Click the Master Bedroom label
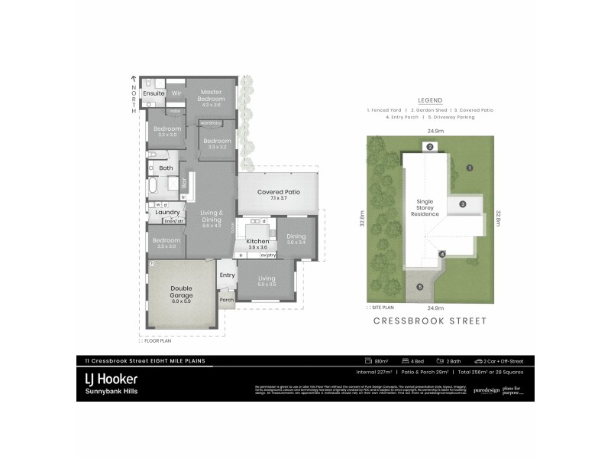pos(212,96)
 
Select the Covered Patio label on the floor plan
pos(278,193)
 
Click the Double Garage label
pos(181,291)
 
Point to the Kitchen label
pos(257,241)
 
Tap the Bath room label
pos(166,168)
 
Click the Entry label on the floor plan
pos(227,275)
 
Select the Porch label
pos(226,300)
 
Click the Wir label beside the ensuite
pos(176,93)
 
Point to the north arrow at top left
pos(134,79)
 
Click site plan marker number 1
pos(470,168)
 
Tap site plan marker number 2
pos(430,147)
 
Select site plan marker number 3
pos(462,204)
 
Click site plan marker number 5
pos(419,287)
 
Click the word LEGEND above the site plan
pos(430,100)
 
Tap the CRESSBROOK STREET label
pos(429,321)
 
